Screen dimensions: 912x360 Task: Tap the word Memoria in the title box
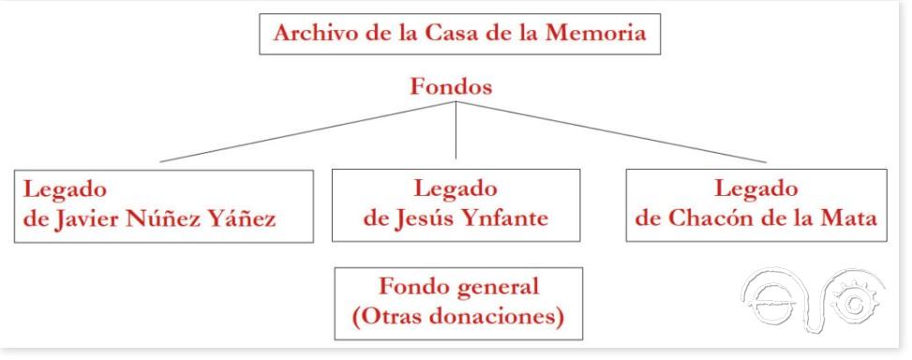596,34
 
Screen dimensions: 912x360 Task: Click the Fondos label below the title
452,86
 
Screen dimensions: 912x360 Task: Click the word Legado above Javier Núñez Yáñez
65,188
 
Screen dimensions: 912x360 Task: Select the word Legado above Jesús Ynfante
455,188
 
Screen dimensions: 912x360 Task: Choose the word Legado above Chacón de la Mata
755,188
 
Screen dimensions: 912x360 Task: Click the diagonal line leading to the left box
309,131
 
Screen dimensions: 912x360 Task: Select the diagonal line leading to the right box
609,131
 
